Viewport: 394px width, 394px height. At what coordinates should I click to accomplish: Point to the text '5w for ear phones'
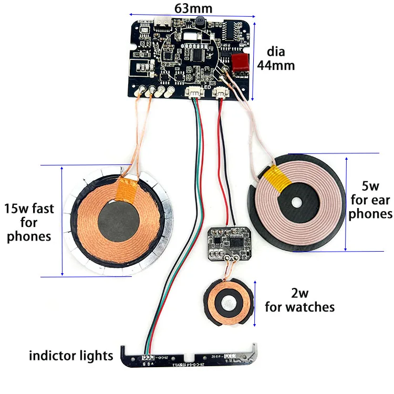point(370,200)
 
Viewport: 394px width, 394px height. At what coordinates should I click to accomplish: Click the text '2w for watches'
point(299,300)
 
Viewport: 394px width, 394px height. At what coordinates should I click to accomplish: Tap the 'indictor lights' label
point(71,356)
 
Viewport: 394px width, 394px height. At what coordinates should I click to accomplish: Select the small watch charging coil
point(227,303)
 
